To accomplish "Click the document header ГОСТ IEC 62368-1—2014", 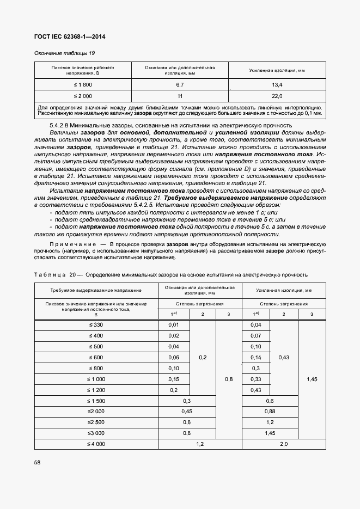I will (70, 37).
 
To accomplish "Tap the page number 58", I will (38, 462).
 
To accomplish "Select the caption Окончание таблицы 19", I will (65, 53).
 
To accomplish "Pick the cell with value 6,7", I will (180, 85).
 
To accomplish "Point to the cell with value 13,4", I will (277, 85).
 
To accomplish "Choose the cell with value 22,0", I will (277, 96).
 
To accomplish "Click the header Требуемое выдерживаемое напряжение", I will (96, 291).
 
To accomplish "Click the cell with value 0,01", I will (174, 325).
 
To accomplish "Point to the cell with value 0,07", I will (256, 336).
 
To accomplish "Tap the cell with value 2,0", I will (284, 444).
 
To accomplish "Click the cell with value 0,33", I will (256, 379).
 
